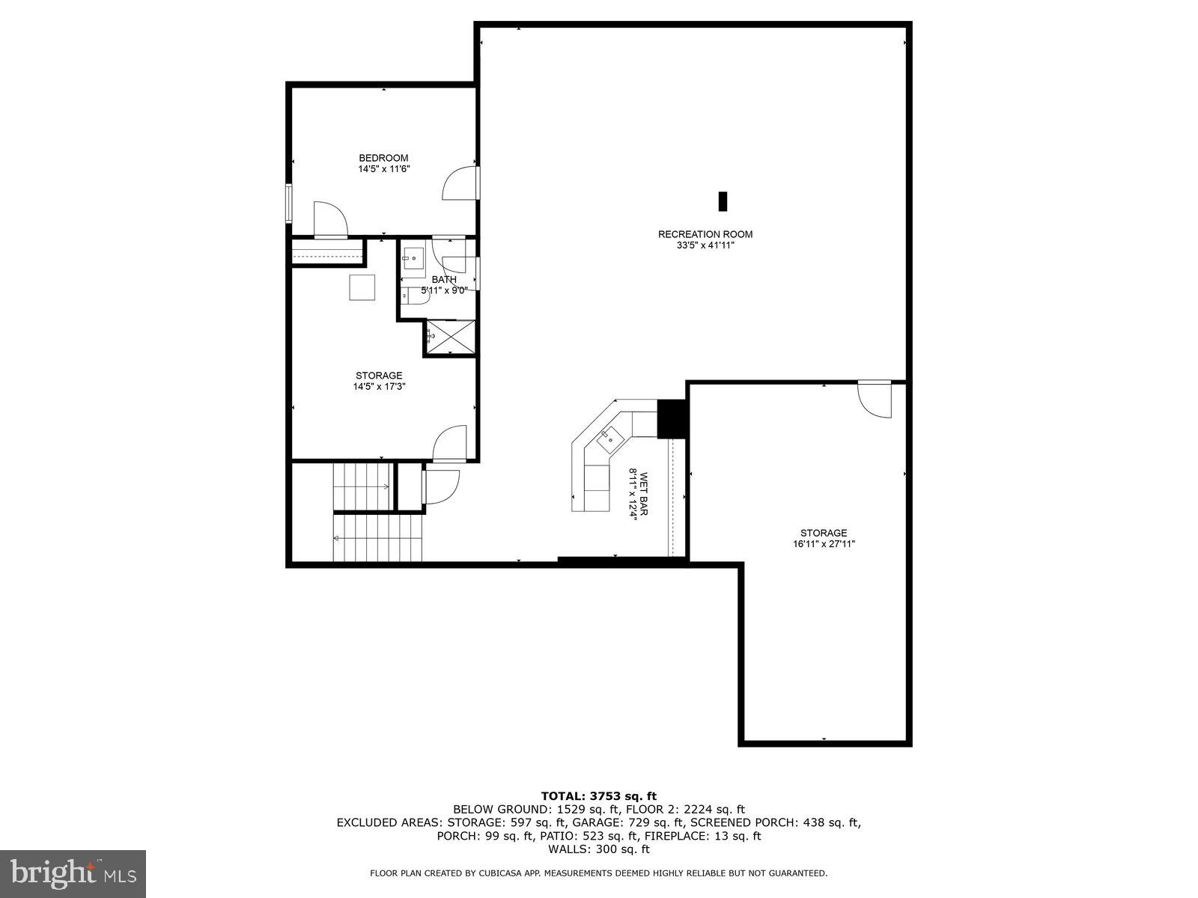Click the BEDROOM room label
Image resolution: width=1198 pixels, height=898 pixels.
[383, 158]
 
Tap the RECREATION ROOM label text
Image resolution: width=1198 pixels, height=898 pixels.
[705, 234]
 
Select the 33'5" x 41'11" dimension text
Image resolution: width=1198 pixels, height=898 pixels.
[705, 245]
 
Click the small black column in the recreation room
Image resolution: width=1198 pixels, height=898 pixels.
[723, 201]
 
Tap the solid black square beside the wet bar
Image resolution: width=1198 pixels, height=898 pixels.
[672, 418]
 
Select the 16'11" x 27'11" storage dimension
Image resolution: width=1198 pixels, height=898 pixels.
[824, 545]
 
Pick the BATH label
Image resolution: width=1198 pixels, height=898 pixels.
[444, 280]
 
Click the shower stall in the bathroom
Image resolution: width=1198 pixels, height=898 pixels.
[450, 336]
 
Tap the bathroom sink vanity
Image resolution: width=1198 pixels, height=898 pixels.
[413, 258]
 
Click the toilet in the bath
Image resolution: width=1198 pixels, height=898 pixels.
[414, 297]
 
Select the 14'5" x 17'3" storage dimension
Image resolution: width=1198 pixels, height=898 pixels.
[379, 387]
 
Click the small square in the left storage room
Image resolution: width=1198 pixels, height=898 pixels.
[362, 287]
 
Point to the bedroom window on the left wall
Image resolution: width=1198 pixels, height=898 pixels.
[289, 203]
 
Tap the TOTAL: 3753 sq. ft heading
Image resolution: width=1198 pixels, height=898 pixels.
[598, 795]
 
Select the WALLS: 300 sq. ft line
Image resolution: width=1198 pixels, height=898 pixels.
[598, 849]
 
